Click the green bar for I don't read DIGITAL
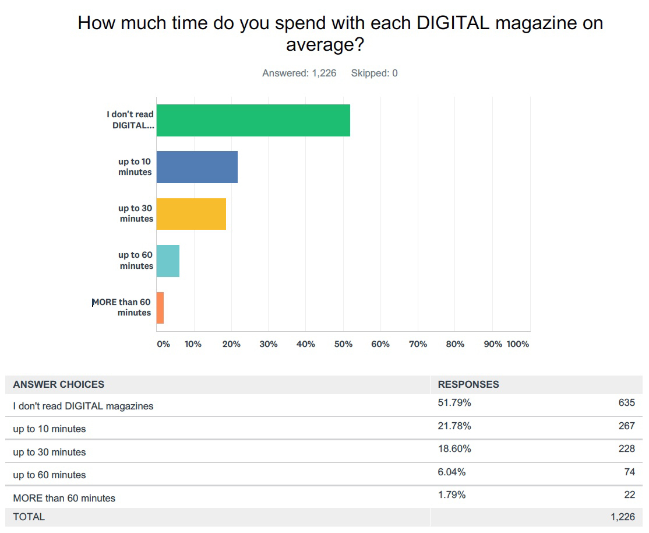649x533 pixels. [253, 120]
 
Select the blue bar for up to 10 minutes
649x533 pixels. [197, 167]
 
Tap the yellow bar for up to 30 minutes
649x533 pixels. [191, 214]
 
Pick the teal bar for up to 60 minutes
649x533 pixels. [168, 261]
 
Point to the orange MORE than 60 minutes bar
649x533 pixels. [160, 308]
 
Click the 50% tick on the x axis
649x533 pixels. [343, 344]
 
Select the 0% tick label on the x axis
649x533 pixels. [163, 344]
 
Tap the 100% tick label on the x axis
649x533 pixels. [517, 344]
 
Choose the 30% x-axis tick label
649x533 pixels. [269, 344]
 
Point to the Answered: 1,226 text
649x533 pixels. [299, 73]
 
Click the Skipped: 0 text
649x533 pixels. [374, 73]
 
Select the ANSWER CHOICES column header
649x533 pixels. [59, 384]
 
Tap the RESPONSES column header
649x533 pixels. [468, 384]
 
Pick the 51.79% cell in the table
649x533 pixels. [454, 403]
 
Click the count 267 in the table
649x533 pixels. [626, 426]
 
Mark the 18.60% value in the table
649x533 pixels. [454, 449]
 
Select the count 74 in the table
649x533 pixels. [629, 472]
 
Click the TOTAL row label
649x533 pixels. [29, 517]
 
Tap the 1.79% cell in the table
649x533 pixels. [452, 495]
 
